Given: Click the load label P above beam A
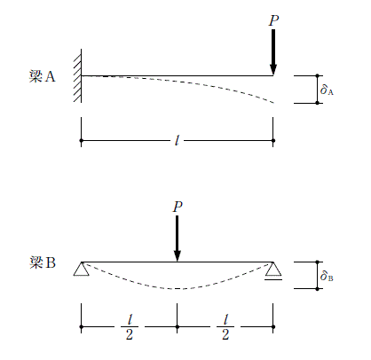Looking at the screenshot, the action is pos(273,20).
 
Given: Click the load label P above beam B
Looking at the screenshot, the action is pos(178,207).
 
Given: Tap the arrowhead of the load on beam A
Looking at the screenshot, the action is pos(273,70).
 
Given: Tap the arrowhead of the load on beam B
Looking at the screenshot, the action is pos(178,256).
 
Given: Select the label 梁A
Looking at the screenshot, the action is pos(42,76).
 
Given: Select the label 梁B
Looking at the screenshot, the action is pos(43,262).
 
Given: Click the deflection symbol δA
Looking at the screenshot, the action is pos(327,90).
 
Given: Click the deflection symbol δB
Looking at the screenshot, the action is pos(327,276).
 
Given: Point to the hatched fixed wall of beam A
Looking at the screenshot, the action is pos(77,75).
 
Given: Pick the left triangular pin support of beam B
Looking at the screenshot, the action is pos(82,269).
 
